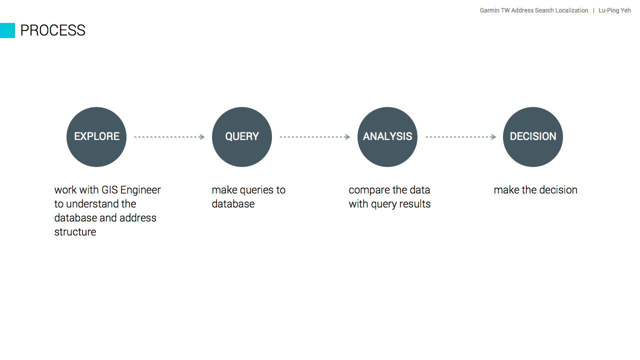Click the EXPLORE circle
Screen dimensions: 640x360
pyautogui.click(x=96, y=137)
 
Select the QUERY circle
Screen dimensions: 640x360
pyautogui.click(x=242, y=137)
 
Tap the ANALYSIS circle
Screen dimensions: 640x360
pyautogui.click(x=387, y=137)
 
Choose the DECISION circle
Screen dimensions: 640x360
pyautogui.click(x=533, y=137)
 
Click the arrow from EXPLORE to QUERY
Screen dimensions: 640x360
pyautogui.click(x=169, y=137)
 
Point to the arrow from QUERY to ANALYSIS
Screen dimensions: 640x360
pyautogui.click(x=315, y=137)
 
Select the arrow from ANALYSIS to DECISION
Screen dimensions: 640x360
pyautogui.click(x=460, y=137)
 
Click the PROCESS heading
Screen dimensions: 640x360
pyautogui.click(x=53, y=30)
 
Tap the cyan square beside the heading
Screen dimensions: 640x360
pyautogui.click(x=7, y=30)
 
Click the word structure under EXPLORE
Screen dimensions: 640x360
pyautogui.click(x=75, y=232)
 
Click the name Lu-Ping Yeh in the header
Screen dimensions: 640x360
pyautogui.click(x=614, y=10)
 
